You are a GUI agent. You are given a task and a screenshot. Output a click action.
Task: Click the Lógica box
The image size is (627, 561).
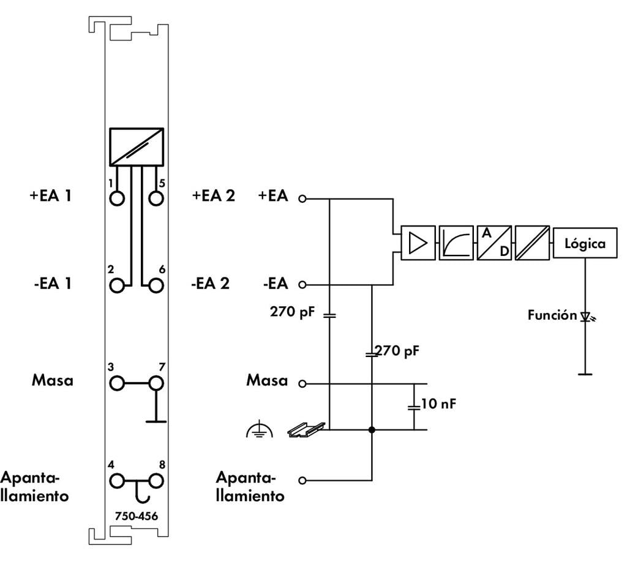(585, 244)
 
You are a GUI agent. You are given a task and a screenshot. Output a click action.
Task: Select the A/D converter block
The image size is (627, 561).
(495, 244)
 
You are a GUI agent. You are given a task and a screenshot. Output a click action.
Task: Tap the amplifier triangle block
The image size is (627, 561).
(418, 244)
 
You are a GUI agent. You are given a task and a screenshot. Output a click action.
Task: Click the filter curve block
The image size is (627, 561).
(456, 244)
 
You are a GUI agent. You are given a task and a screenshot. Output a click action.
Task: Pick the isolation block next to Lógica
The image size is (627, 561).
(533, 244)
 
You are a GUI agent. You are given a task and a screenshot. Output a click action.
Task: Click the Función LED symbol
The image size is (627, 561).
(585, 317)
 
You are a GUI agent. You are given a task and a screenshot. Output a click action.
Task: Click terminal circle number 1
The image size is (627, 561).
(117, 198)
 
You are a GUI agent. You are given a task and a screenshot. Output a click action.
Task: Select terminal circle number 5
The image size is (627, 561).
(157, 198)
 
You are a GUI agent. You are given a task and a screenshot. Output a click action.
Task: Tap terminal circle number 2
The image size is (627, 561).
(117, 285)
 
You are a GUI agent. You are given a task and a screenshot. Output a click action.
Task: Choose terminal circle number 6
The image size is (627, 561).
(157, 285)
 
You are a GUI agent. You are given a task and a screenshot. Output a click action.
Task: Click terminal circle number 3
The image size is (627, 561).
(117, 383)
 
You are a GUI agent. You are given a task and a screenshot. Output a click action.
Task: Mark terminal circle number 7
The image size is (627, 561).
(157, 383)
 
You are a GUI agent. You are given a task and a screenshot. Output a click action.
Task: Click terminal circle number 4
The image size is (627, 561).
(117, 480)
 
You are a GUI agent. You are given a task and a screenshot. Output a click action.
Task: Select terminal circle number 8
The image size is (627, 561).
(157, 480)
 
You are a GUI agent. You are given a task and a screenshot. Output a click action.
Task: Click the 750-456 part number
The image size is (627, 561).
(136, 516)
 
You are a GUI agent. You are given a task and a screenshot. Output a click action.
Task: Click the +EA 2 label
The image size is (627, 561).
(214, 197)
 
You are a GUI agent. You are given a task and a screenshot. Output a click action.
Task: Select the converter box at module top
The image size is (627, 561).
(137, 146)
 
